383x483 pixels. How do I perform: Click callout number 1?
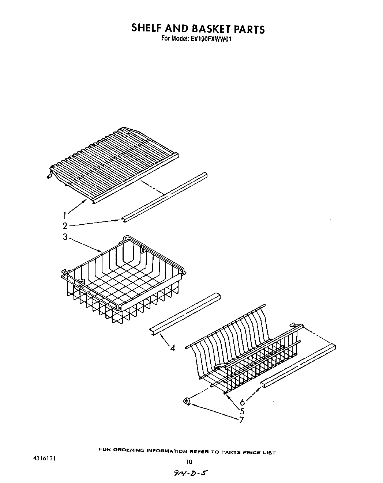(x=65, y=215)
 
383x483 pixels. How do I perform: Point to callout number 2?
(x=65, y=226)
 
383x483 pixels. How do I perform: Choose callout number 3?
(x=65, y=237)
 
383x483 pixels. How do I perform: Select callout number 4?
(x=173, y=348)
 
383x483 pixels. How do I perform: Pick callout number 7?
(x=241, y=420)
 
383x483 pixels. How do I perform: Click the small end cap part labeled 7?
(x=187, y=402)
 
